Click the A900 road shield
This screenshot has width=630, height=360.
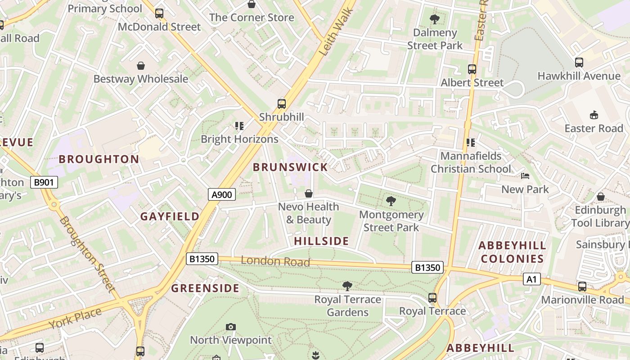(222, 194)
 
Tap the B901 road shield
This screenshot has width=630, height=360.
(44, 182)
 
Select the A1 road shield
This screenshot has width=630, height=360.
(531, 279)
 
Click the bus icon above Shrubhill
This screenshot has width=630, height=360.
(282, 104)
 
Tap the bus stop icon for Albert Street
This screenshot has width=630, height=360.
(472, 69)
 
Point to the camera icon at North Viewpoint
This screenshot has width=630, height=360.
(231, 327)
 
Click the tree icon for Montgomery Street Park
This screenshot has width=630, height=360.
(391, 201)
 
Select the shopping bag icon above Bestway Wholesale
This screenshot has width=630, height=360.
(141, 66)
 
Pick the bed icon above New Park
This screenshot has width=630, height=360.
(525, 176)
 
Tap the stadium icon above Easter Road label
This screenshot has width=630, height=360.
(594, 115)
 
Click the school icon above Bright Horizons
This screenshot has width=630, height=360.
(239, 126)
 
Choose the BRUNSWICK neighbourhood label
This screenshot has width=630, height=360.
(290, 167)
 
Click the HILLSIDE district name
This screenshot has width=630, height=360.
(321, 241)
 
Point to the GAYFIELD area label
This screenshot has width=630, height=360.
(170, 216)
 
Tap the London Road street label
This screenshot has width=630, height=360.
(275, 261)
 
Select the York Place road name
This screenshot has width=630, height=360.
(75, 318)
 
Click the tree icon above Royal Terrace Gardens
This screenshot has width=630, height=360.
(347, 286)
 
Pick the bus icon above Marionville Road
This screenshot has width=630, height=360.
(582, 286)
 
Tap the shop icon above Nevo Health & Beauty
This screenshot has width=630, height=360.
(309, 193)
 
